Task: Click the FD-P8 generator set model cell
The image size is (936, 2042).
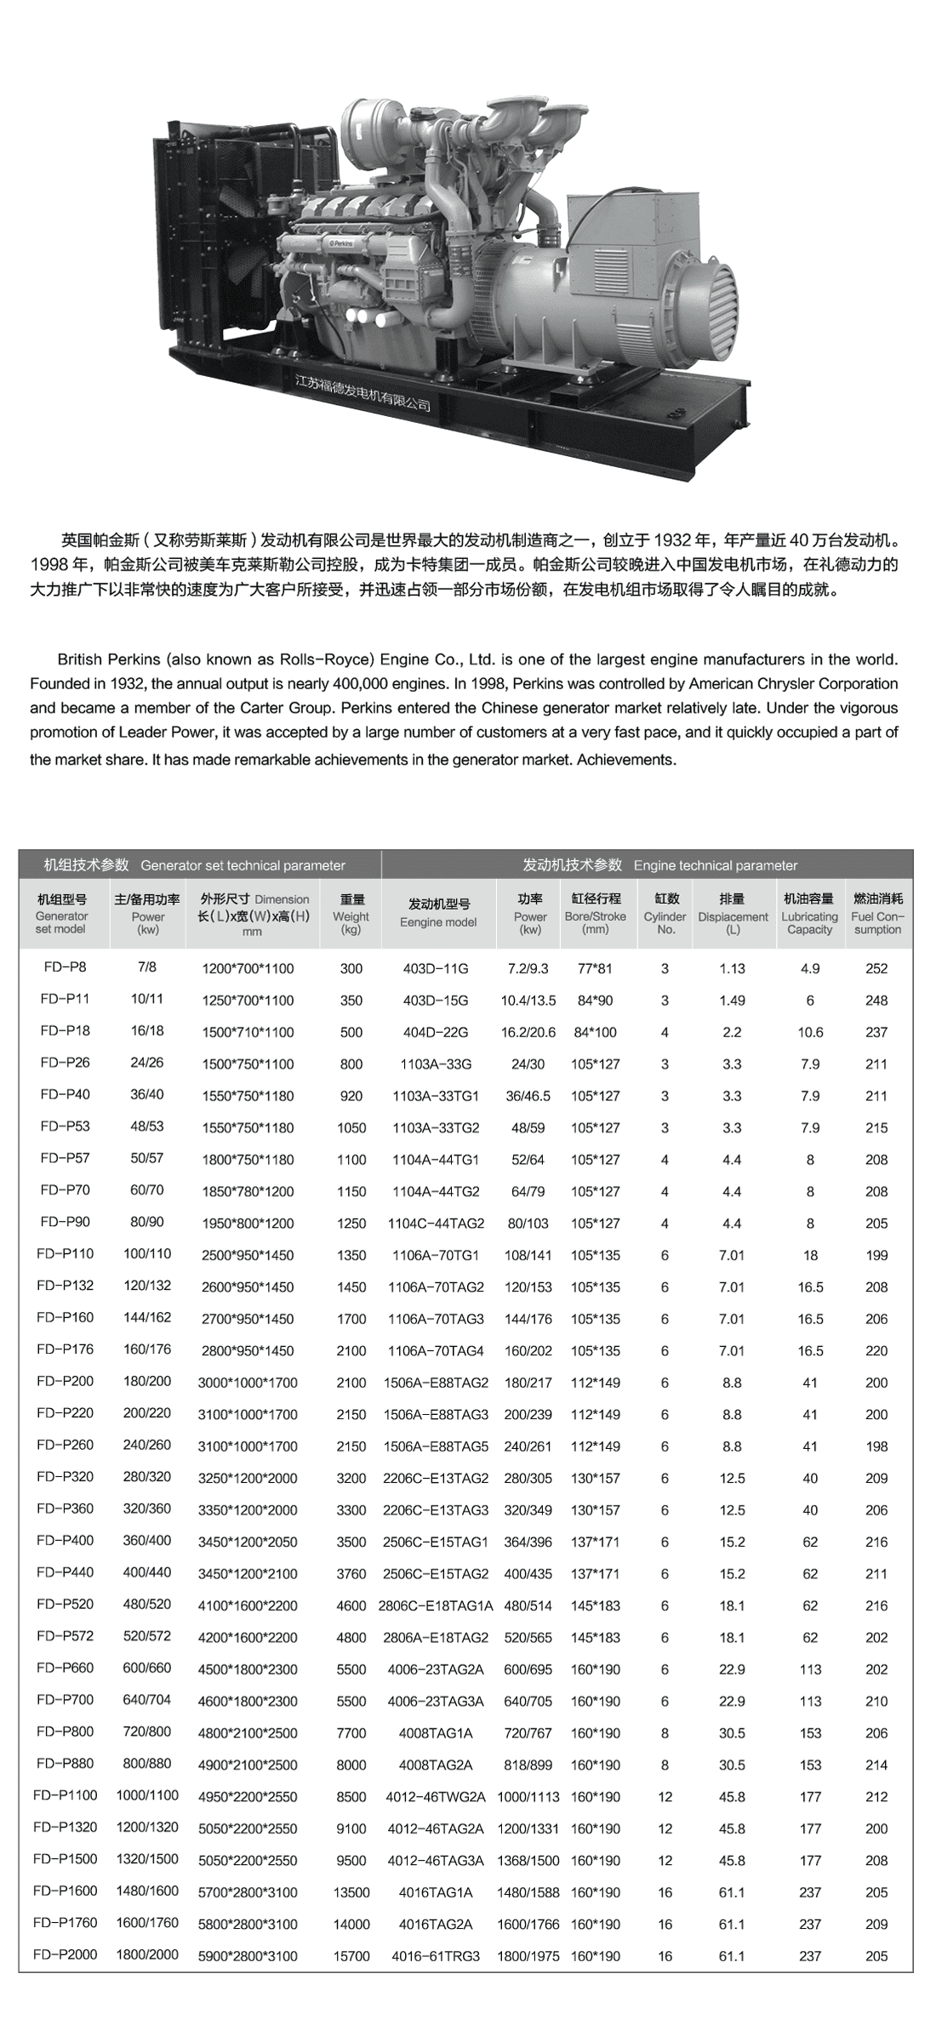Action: (x=64, y=967)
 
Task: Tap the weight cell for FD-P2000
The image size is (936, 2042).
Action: (x=351, y=1955)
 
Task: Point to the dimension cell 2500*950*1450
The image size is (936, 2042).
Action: (x=248, y=1255)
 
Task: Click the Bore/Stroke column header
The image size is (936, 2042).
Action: (x=595, y=913)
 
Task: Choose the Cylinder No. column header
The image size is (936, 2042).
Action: (x=665, y=913)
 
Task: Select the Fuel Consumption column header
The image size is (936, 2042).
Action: (x=877, y=913)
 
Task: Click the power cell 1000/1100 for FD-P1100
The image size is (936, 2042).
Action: (x=148, y=1795)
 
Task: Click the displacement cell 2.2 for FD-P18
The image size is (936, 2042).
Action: (x=732, y=1031)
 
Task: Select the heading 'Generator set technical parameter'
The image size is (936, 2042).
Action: (x=243, y=865)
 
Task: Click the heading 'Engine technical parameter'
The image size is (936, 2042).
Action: (x=716, y=865)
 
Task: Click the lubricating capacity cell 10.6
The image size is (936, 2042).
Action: (x=810, y=1031)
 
